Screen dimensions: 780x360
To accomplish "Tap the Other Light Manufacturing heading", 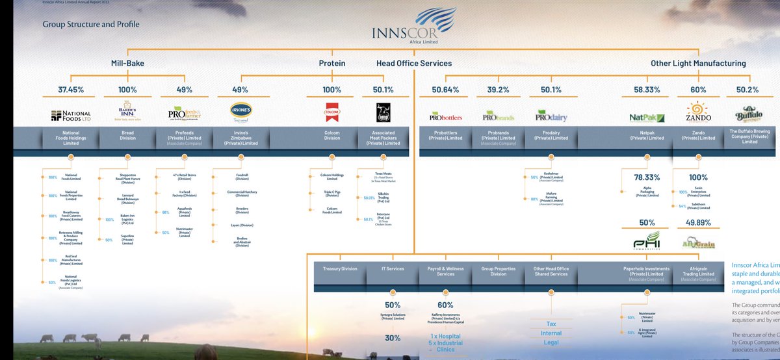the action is pyautogui.click(x=698, y=64).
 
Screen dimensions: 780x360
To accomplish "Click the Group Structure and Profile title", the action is pyautogui.click(x=91, y=25).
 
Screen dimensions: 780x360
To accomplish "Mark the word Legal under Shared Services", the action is pyautogui.click(x=551, y=342).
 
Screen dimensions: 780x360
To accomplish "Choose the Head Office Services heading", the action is pyautogui.click(x=414, y=64).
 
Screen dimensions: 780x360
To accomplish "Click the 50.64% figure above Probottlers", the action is pyautogui.click(x=445, y=89).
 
